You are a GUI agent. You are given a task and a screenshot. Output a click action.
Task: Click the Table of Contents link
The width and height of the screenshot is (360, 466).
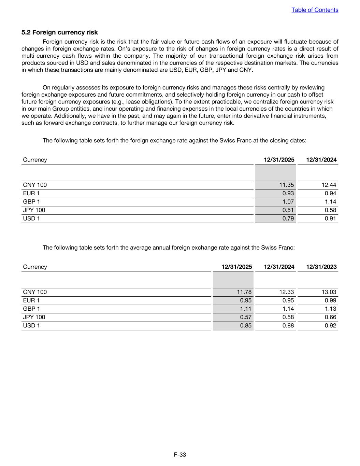315,10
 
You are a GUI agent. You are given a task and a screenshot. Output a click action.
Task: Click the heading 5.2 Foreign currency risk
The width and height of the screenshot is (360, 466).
60,32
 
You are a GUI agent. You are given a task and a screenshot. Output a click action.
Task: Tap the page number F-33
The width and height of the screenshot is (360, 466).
180,454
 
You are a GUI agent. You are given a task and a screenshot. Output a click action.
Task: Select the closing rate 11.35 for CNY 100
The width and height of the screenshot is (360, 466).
286,185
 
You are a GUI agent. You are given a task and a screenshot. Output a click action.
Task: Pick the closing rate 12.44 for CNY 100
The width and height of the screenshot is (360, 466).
329,185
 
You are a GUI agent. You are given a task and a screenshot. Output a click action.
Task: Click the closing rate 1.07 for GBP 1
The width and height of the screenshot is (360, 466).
288,202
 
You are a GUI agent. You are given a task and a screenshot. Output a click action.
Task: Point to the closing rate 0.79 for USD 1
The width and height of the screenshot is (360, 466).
288,218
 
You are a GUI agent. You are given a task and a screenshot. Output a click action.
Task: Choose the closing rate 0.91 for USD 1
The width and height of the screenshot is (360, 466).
330,218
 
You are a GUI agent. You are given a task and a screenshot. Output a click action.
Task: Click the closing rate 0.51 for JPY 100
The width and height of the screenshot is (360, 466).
288,210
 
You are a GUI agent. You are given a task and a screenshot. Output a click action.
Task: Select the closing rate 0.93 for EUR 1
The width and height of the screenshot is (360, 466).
288,193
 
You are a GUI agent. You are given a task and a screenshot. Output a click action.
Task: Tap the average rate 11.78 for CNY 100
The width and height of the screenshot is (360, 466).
244,292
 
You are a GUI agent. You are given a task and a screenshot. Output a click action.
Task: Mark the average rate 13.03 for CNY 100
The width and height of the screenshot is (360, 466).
329,292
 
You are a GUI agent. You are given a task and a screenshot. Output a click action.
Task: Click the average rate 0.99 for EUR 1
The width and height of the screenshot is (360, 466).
330,300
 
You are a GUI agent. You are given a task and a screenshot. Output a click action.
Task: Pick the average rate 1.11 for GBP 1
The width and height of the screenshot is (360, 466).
246,309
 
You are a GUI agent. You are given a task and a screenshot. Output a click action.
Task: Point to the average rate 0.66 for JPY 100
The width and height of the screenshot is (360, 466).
330,317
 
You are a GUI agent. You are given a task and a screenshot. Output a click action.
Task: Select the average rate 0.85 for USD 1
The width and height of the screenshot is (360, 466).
246,325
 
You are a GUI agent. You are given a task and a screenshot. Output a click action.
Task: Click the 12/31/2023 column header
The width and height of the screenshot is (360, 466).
321,267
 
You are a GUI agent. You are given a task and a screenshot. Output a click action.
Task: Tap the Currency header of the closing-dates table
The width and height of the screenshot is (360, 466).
35,160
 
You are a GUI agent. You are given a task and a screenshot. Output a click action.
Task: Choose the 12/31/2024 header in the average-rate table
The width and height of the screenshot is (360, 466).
279,267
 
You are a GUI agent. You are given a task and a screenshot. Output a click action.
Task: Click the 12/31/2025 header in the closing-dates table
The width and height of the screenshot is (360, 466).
279,160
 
